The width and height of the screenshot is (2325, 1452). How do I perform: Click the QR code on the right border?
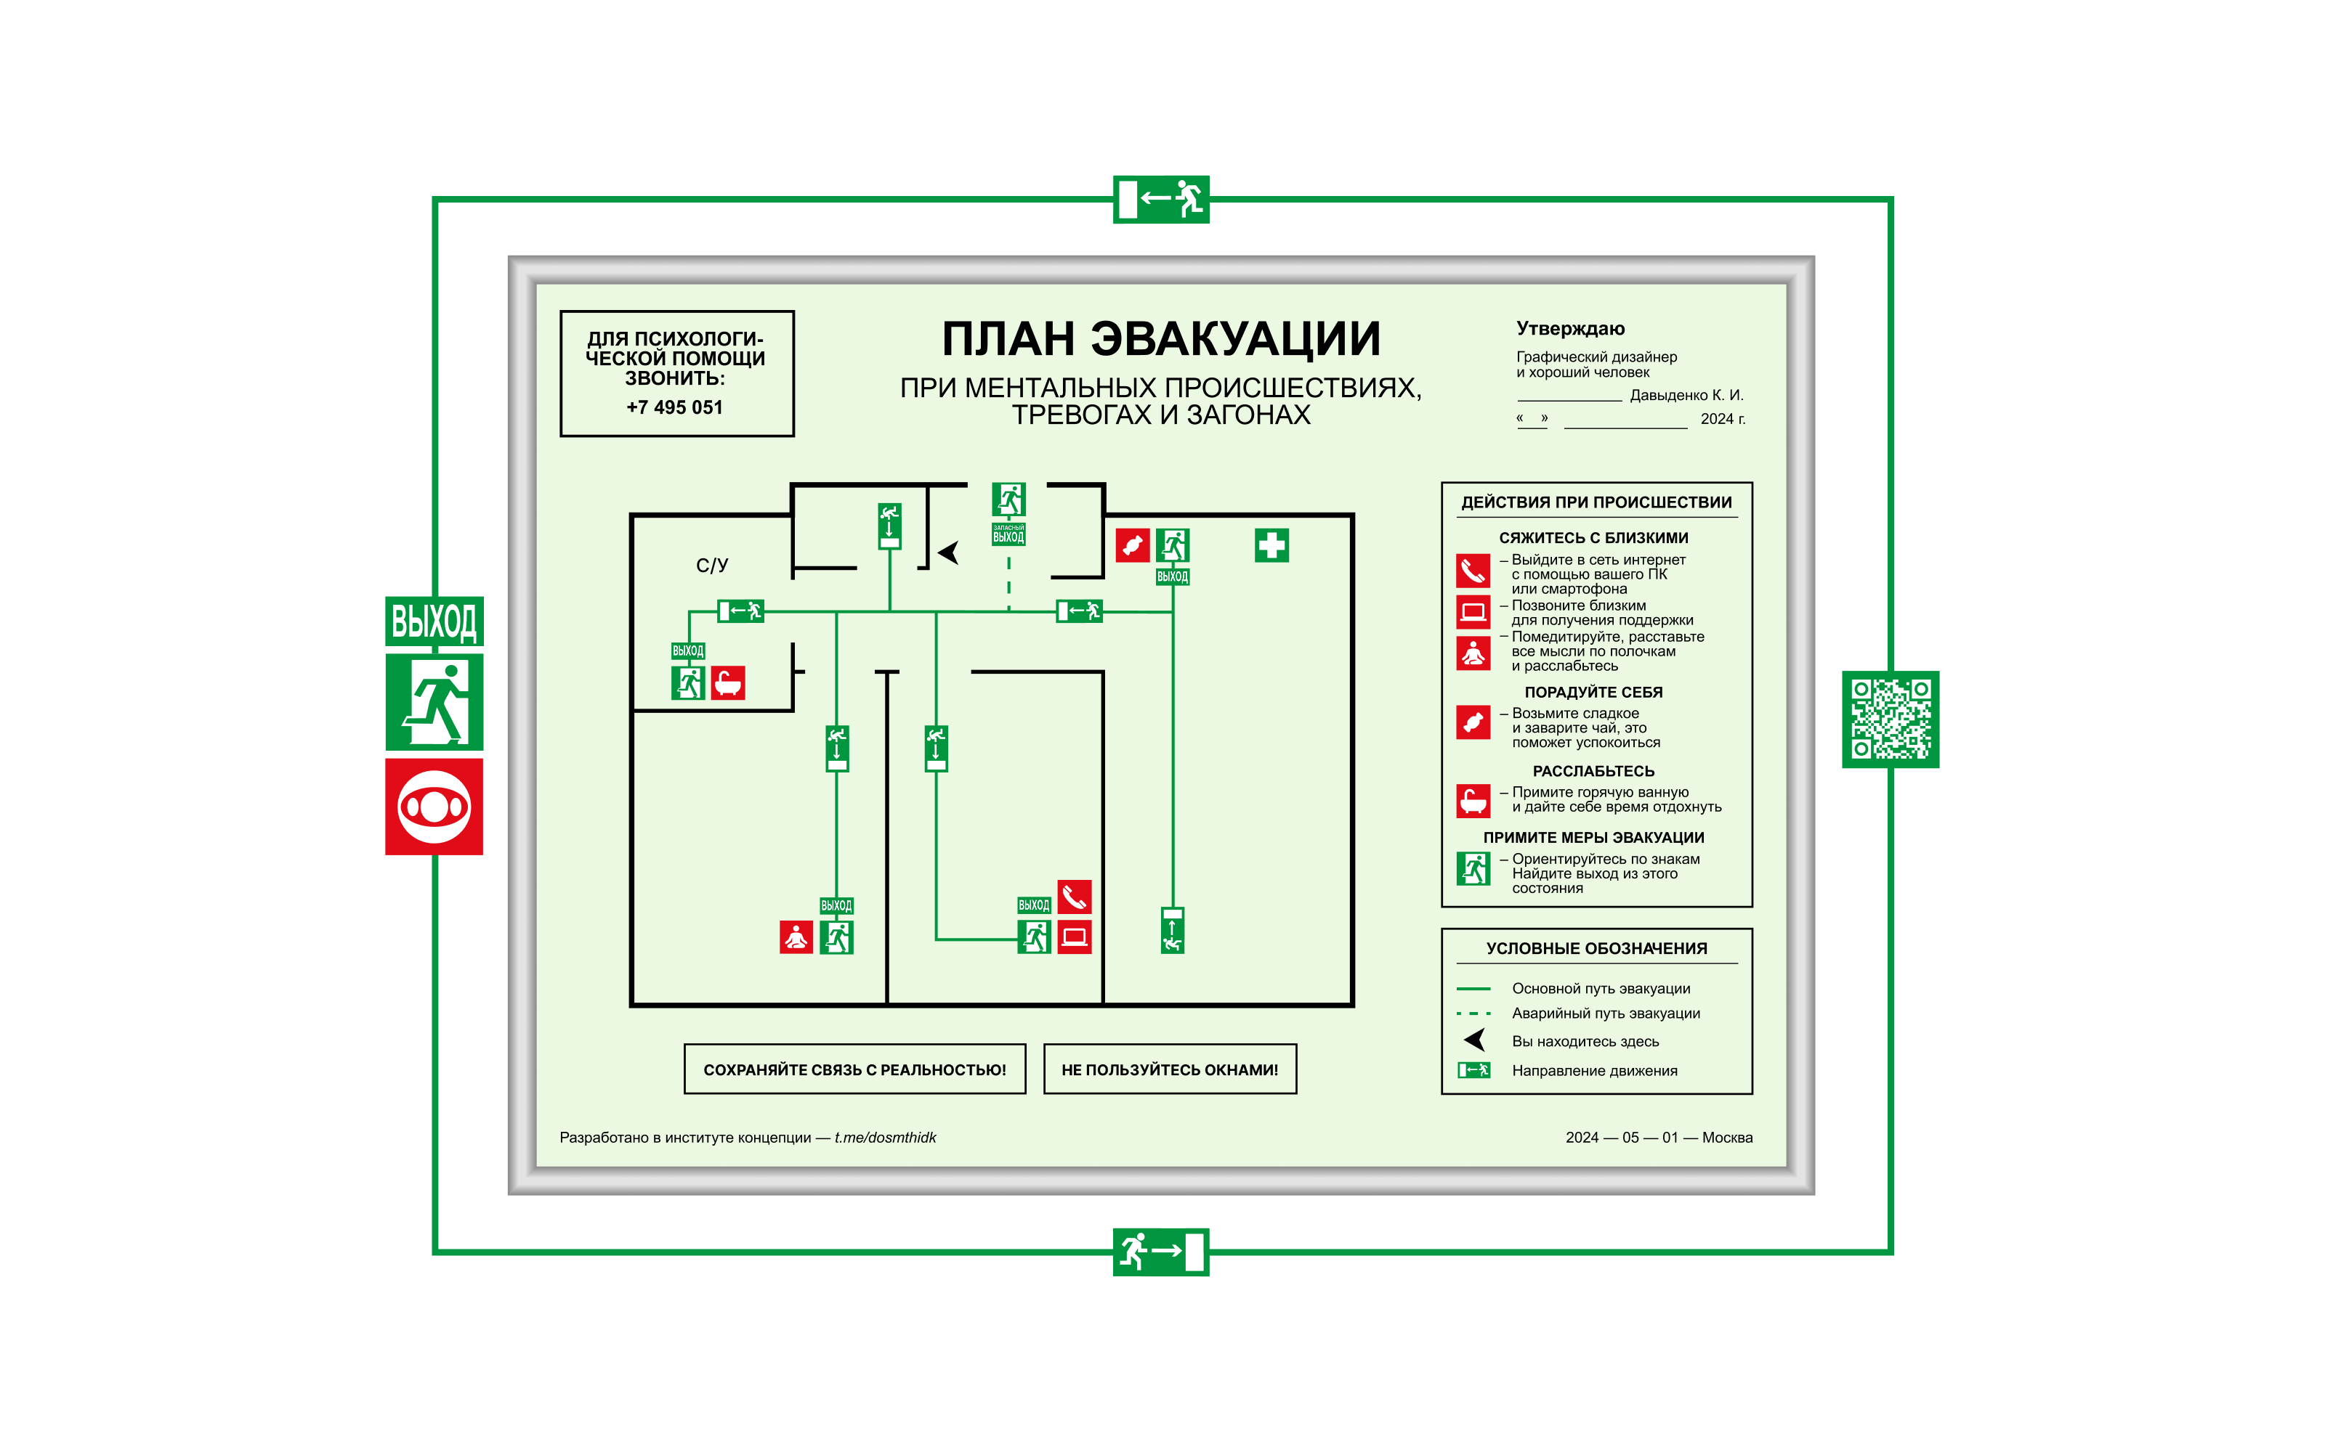(x=1889, y=719)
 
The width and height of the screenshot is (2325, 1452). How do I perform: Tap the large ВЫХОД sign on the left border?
(x=434, y=621)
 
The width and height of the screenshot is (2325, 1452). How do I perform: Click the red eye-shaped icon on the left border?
(x=434, y=807)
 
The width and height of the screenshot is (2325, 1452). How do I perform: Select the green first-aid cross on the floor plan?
(x=1271, y=545)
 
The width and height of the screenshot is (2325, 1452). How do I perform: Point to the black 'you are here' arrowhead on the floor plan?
(x=948, y=552)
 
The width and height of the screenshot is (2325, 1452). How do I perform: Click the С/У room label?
(x=712, y=566)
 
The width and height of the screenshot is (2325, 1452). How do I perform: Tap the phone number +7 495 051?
(x=674, y=407)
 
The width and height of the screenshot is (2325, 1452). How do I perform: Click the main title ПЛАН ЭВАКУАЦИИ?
(x=1160, y=339)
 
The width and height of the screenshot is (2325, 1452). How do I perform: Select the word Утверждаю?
(x=1570, y=328)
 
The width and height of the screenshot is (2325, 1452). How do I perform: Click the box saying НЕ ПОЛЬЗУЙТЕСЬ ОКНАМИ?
(x=1169, y=1069)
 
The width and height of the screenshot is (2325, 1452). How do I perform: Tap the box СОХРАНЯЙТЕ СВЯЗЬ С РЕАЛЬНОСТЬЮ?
(x=854, y=1069)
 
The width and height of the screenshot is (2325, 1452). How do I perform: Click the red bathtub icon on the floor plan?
(x=728, y=682)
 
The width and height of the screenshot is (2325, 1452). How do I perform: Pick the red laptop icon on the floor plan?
(x=1074, y=937)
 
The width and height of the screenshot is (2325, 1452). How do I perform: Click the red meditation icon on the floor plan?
(x=796, y=937)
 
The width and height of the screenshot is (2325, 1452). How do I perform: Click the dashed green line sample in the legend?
(x=1473, y=1013)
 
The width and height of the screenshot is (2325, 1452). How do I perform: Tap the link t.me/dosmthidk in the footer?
(x=885, y=1137)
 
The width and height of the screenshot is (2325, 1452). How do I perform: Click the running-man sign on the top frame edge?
(x=1160, y=200)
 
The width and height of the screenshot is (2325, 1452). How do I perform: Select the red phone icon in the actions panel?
(x=1472, y=571)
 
